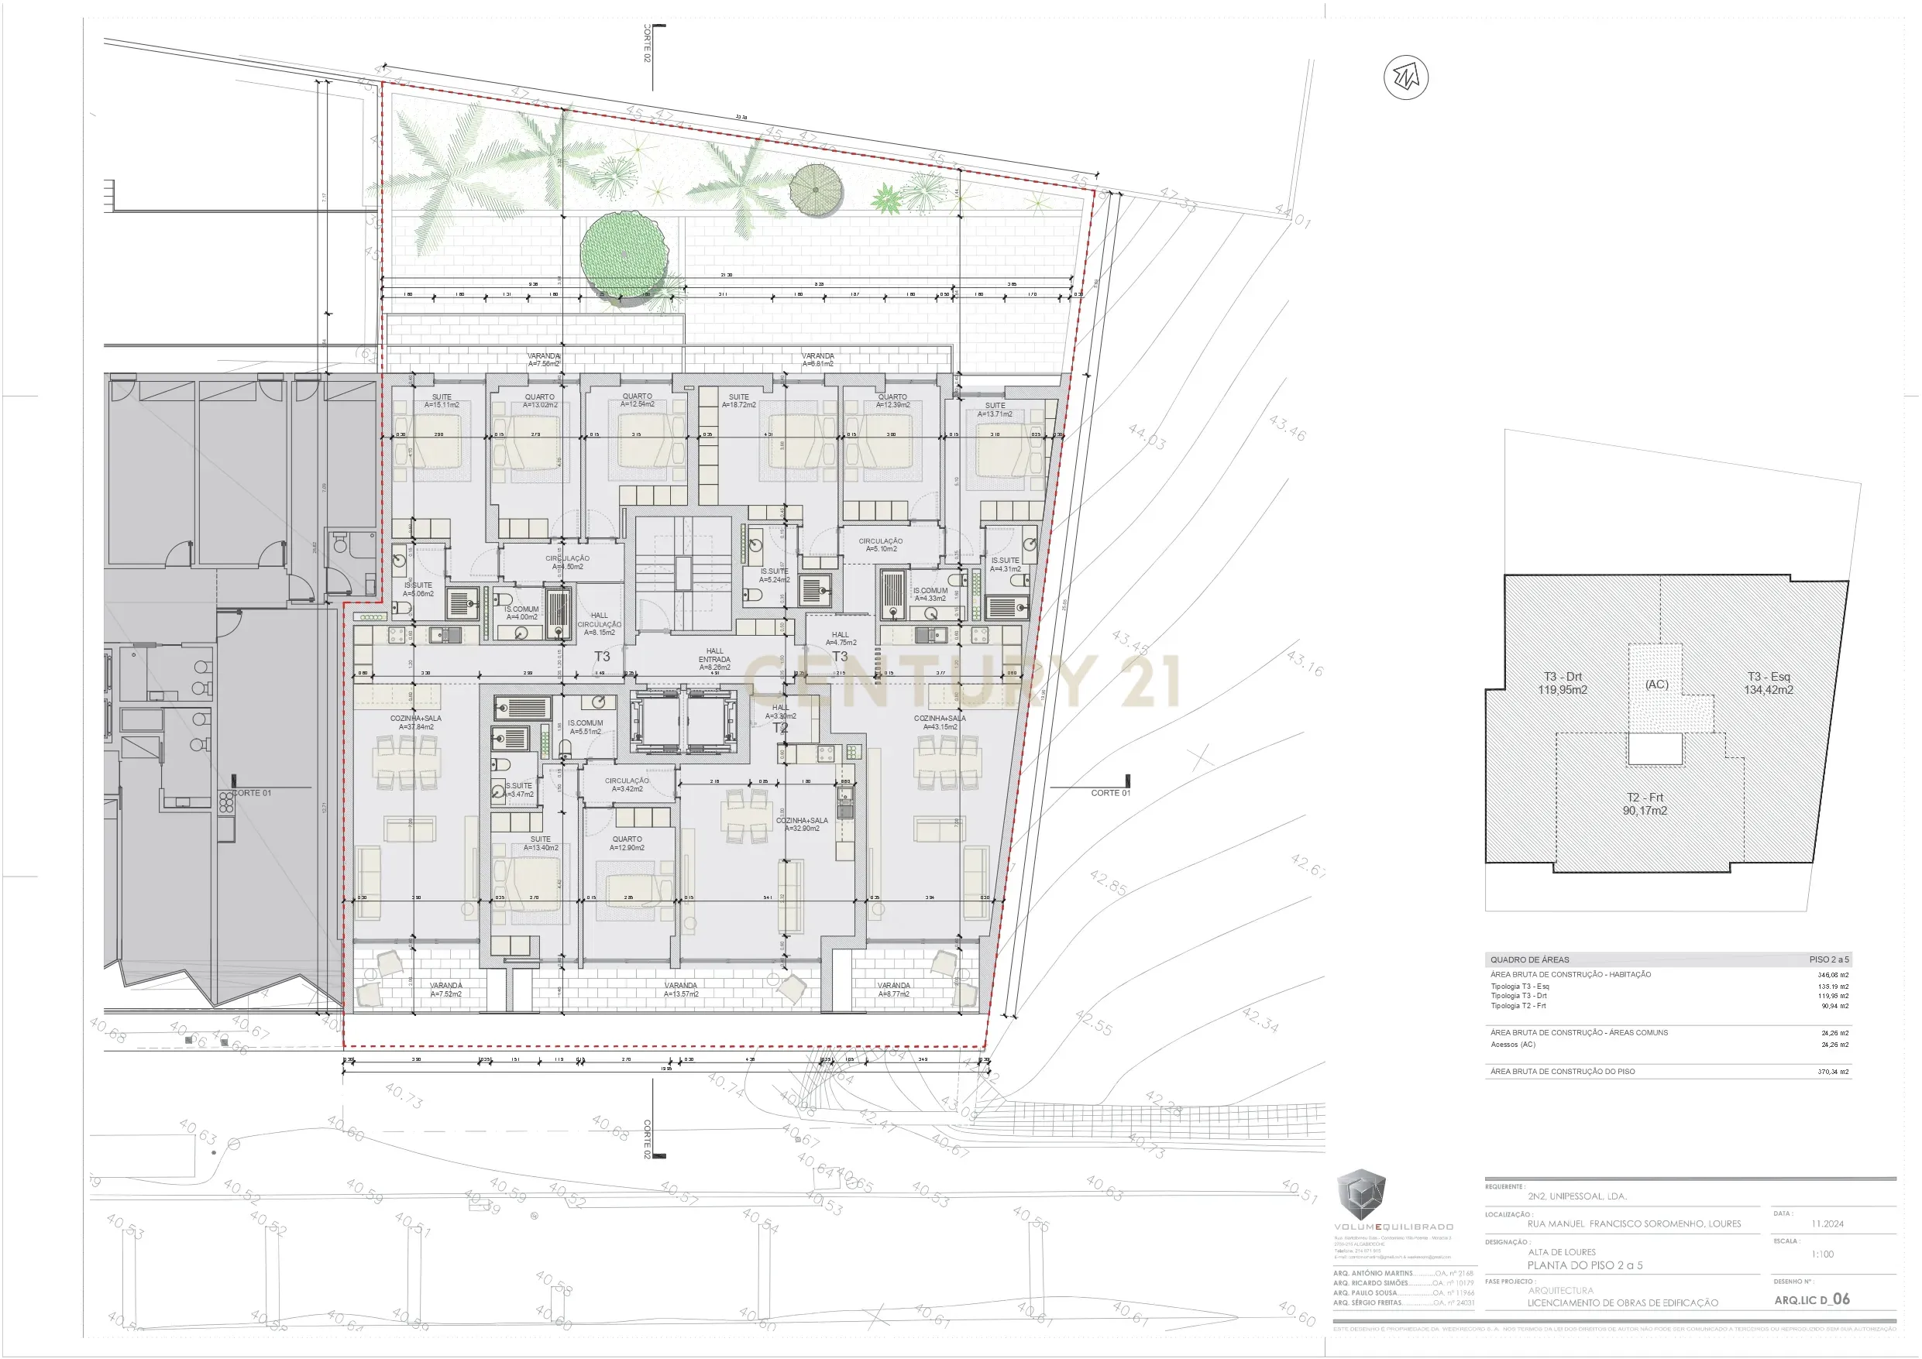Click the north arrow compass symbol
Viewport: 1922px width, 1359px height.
point(1405,78)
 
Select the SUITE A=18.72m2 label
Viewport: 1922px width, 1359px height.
point(738,401)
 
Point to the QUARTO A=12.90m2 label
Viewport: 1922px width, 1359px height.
point(627,843)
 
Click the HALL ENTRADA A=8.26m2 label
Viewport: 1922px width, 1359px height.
point(714,658)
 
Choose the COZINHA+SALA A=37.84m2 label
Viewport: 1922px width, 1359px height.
point(415,722)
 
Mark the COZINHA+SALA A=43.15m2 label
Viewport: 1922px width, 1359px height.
point(939,722)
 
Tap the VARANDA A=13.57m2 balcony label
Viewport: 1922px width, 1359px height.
point(681,989)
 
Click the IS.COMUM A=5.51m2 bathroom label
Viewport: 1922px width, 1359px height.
point(584,727)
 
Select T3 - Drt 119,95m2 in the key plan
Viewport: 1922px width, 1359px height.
point(1562,683)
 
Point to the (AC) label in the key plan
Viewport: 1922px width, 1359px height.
point(1656,684)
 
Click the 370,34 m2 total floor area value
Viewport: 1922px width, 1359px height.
point(1832,1071)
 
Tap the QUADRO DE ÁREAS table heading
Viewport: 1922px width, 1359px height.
point(1529,960)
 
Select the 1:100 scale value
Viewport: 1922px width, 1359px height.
point(1821,1254)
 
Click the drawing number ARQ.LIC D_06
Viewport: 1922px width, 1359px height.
point(1811,1299)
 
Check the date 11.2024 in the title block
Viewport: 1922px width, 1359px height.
point(1827,1223)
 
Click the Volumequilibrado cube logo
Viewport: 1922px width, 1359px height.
point(1360,1194)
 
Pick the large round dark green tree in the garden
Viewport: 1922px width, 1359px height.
point(624,252)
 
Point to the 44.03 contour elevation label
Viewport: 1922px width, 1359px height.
point(1146,437)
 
